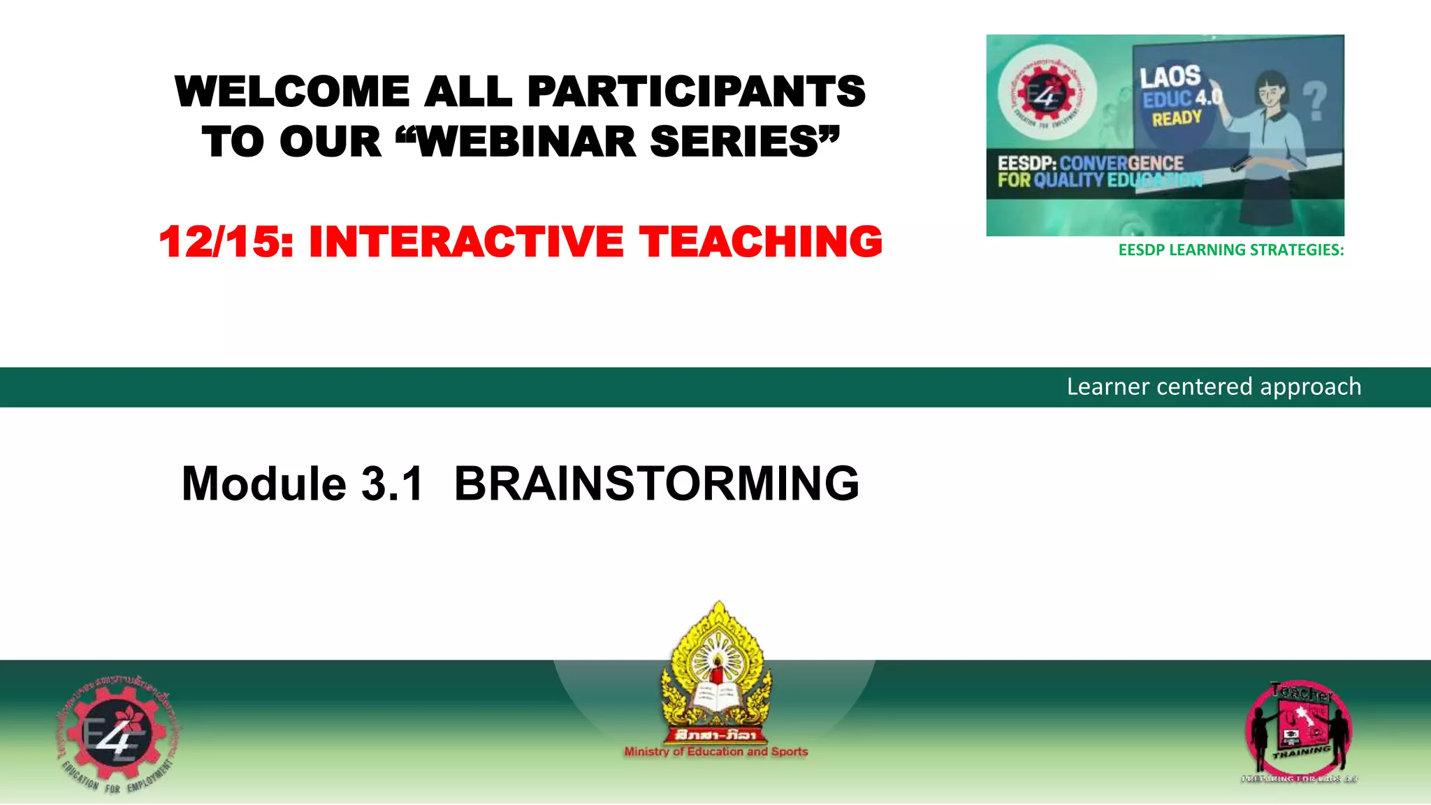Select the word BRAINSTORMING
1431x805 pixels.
[656, 484]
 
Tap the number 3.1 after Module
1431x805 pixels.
[392, 484]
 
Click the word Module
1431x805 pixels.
[263, 484]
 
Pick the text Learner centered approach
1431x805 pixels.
[1214, 386]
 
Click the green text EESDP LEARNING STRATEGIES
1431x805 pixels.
[1230, 250]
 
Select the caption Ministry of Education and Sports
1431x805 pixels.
[715, 752]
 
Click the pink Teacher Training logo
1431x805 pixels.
[1298, 731]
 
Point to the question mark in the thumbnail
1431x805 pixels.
[1315, 101]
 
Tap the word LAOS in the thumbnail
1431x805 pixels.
[1170, 77]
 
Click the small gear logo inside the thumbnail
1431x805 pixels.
[1046, 92]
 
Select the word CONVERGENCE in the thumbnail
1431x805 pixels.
[1121, 164]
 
